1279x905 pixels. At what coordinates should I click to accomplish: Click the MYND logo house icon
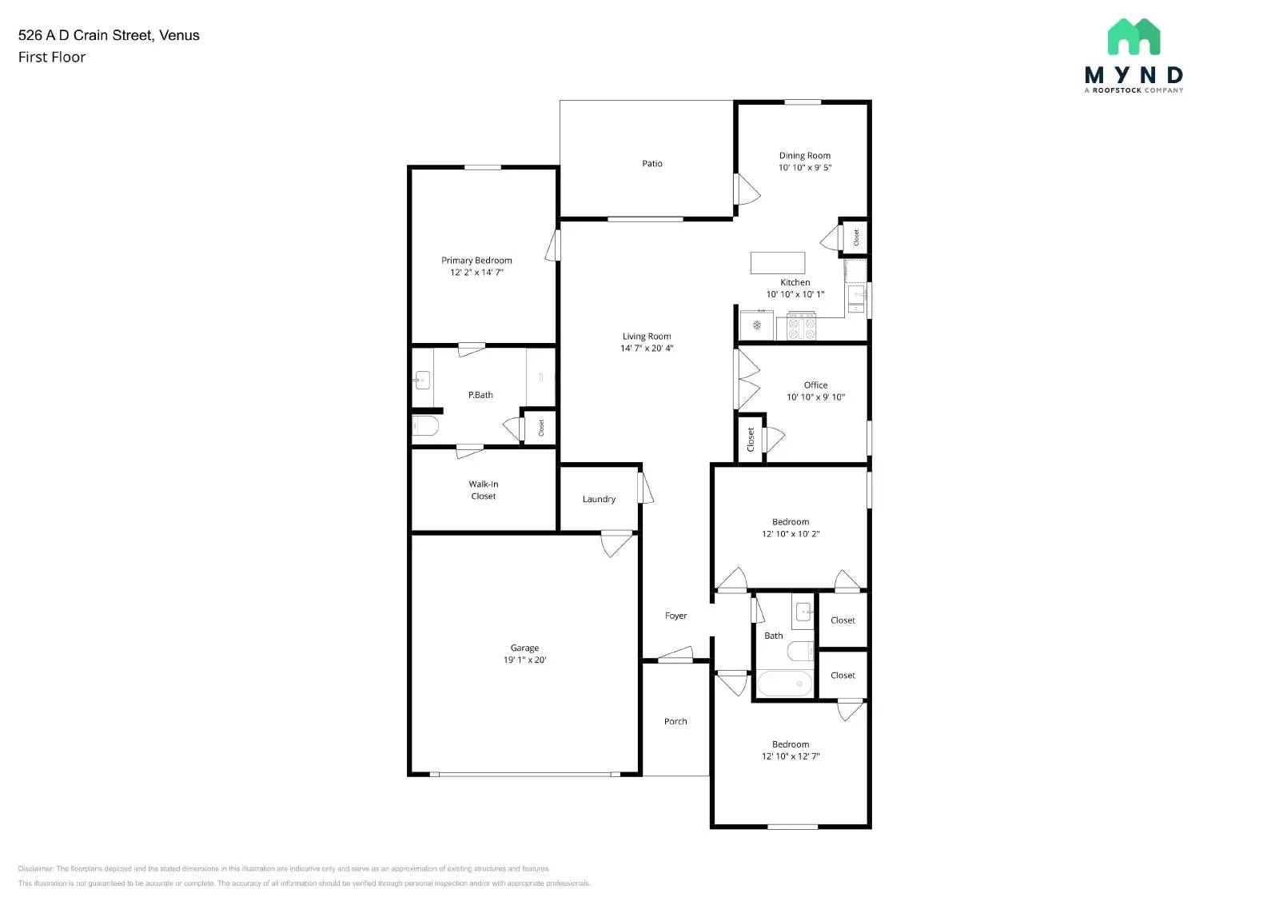tap(1134, 38)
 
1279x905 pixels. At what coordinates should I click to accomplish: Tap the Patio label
tap(652, 164)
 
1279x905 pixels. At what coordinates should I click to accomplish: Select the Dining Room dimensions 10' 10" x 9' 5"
tap(805, 168)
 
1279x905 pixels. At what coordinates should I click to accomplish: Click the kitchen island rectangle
tap(777, 262)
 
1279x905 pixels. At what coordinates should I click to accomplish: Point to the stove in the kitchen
tap(802, 326)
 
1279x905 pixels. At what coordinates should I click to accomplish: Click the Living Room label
tap(647, 337)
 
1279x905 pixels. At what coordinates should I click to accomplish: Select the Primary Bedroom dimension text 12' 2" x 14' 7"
tap(476, 273)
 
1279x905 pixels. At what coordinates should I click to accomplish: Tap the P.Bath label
tap(480, 395)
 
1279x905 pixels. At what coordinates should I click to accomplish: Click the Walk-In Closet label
tap(483, 490)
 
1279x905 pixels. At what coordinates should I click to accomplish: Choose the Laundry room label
tap(599, 500)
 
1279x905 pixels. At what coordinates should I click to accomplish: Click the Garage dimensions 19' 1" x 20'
tap(524, 660)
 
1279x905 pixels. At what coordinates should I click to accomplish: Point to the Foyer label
tap(675, 616)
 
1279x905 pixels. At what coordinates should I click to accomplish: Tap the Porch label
tap(675, 722)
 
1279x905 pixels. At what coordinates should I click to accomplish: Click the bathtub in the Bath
tap(784, 684)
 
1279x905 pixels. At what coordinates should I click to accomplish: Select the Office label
tap(815, 385)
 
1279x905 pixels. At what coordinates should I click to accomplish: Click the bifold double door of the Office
tap(747, 381)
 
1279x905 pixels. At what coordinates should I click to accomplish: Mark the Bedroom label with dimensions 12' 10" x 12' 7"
tap(791, 744)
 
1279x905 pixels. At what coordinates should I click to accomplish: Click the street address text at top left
tap(109, 35)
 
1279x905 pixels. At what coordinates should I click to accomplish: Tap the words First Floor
tap(52, 58)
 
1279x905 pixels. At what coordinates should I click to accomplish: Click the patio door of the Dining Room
tap(746, 190)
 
